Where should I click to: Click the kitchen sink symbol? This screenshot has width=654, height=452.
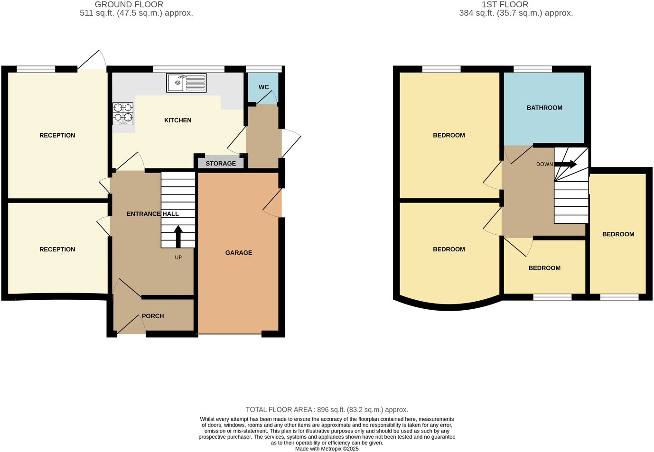pyautogui.click(x=186, y=83)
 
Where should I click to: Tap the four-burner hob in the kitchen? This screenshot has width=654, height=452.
pyautogui.click(x=122, y=114)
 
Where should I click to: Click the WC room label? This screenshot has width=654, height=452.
pyautogui.click(x=263, y=87)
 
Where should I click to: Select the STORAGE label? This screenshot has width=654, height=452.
pyautogui.click(x=221, y=164)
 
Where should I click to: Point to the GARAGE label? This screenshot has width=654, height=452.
pyautogui.click(x=239, y=253)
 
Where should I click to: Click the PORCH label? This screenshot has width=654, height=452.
pyautogui.click(x=153, y=316)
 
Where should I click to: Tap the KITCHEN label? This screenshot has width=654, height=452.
pyautogui.click(x=178, y=120)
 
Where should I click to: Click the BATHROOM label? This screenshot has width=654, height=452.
pyautogui.click(x=544, y=108)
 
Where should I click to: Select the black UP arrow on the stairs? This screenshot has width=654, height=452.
pyautogui.click(x=178, y=236)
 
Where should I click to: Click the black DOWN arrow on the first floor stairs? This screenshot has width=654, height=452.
pyautogui.click(x=566, y=164)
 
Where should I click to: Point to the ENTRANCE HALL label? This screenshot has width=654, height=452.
pyautogui.click(x=153, y=214)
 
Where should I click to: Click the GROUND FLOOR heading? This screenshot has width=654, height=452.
pyautogui.click(x=129, y=5)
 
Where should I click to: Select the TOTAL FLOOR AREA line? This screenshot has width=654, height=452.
pyautogui.click(x=327, y=410)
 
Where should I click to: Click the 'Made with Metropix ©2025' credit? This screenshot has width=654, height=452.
pyautogui.click(x=327, y=449)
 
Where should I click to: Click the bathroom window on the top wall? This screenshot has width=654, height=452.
pyautogui.click(x=533, y=69)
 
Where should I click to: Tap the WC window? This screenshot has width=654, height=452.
pyautogui.click(x=263, y=69)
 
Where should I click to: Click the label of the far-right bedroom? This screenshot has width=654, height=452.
pyautogui.click(x=618, y=234)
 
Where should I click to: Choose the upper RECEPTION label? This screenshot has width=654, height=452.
pyautogui.click(x=57, y=136)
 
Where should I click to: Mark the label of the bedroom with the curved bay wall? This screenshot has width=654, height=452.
pyautogui.click(x=449, y=249)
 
